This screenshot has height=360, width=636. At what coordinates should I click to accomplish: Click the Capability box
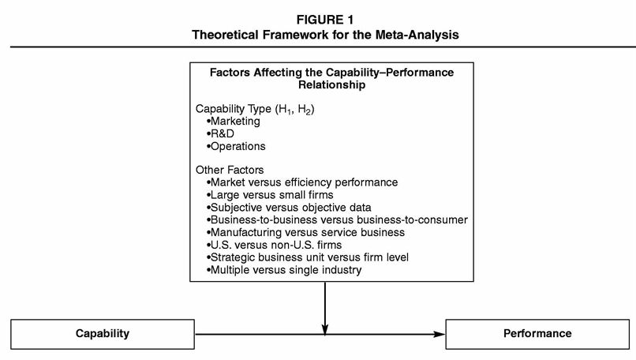[x=103, y=333]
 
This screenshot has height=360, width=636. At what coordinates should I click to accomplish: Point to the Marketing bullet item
[x=233, y=122]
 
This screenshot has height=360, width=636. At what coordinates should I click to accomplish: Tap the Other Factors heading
[x=229, y=170]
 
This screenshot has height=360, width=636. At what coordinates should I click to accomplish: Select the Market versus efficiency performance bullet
[x=301, y=182]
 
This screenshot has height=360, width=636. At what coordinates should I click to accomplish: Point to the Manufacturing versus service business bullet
[x=306, y=232]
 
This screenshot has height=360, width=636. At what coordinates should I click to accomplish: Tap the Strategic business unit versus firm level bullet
[x=309, y=257]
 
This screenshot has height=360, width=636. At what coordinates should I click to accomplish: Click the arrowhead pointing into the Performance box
[x=440, y=334]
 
